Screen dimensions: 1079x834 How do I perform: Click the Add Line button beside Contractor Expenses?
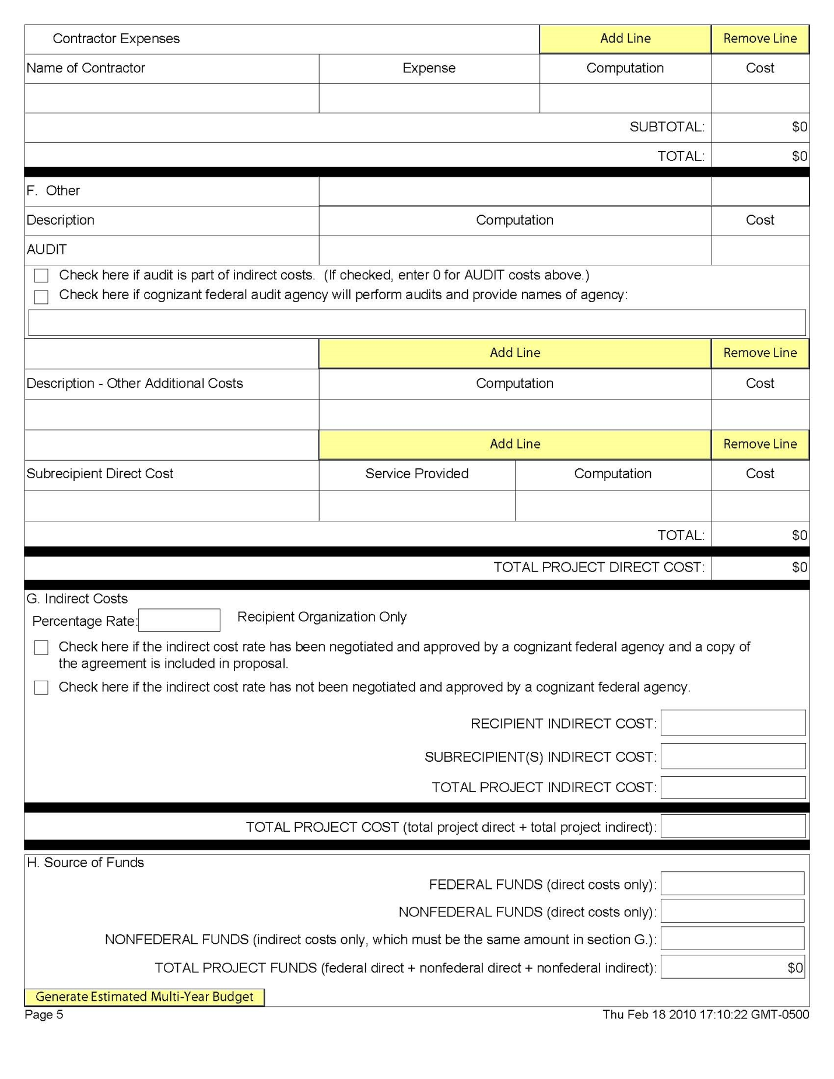(x=625, y=38)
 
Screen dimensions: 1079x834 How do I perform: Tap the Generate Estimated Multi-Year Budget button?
(x=144, y=997)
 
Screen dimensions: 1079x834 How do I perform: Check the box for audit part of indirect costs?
(x=41, y=275)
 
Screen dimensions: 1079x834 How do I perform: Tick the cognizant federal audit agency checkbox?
(x=41, y=297)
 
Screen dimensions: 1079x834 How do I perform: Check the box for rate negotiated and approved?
(x=41, y=647)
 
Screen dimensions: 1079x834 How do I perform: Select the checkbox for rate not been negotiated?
(x=41, y=687)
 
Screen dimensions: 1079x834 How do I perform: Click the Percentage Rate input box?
(x=179, y=620)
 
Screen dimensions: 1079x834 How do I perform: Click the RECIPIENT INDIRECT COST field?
(x=733, y=723)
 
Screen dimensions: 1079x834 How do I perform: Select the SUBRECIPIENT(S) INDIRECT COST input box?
(x=733, y=756)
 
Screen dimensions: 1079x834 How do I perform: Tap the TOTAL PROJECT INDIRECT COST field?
(x=733, y=787)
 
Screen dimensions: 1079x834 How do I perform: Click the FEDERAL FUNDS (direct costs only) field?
(x=732, y=884)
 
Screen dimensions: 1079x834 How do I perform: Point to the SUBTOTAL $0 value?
(x=799, y=127)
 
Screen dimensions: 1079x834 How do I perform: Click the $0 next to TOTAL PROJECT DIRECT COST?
(x=799, y=567)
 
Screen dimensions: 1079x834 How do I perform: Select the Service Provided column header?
(x=416, y=474)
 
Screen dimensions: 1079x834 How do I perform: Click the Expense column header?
(x=429, y=68)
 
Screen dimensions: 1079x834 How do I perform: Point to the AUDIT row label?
(x=47, y=250)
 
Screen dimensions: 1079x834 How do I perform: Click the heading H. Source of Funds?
(x=85, y=863)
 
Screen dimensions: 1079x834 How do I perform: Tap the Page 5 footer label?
(x=44, y=1015)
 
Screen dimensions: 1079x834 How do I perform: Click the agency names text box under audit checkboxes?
(x=416, y=323)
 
